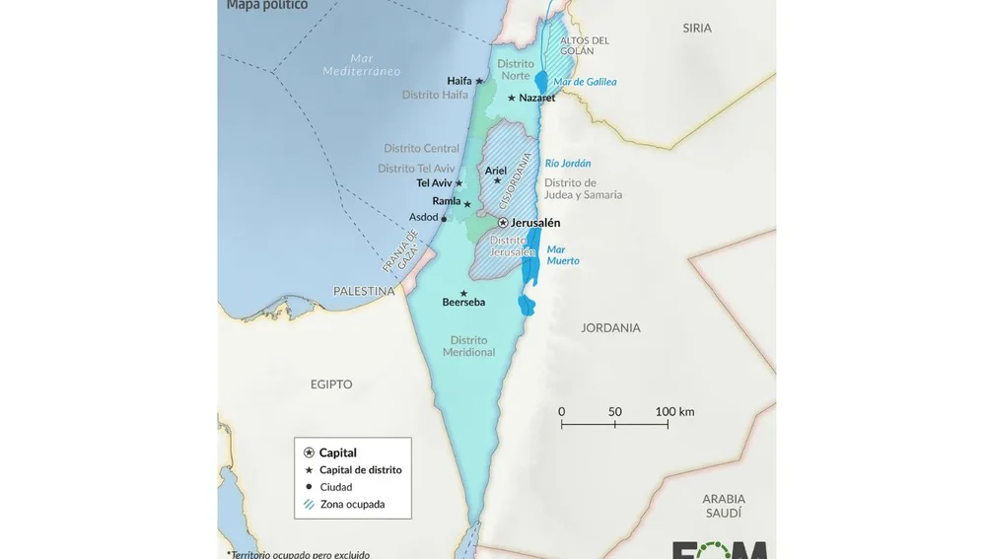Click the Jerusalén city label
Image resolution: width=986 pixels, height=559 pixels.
click(535, 223)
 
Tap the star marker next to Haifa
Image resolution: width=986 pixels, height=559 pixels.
click(479, 81)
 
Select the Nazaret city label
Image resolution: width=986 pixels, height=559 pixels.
click(537, 98)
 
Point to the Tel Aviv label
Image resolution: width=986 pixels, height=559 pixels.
click(434, 183)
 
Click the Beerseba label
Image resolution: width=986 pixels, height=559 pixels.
click(463, 302)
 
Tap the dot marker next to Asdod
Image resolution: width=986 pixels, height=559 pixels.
click(444, 219)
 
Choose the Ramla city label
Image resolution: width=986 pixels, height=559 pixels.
click(447, 201)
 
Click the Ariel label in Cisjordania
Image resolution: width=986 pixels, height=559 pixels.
click(496, 171)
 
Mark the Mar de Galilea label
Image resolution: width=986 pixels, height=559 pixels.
click(585, 82)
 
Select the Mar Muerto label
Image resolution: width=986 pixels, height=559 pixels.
click(563, 255)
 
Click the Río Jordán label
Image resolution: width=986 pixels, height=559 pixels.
click(568, 164)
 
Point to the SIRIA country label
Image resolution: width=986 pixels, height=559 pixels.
click(697, 29)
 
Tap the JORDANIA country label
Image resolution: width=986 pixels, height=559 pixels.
click(610, 327)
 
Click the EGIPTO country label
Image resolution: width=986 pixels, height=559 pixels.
click(331, 384)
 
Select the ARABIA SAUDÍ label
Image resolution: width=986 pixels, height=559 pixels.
click(724, 506)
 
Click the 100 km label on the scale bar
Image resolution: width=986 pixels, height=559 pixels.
click(674, 411)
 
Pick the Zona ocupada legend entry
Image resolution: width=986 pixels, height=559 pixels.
click(352, 504)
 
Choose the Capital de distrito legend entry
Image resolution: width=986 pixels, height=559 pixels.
click(360, 470)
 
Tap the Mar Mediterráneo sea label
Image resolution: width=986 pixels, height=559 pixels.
click(362, 65)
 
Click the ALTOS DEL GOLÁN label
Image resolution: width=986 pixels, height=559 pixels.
click(585, 45)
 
